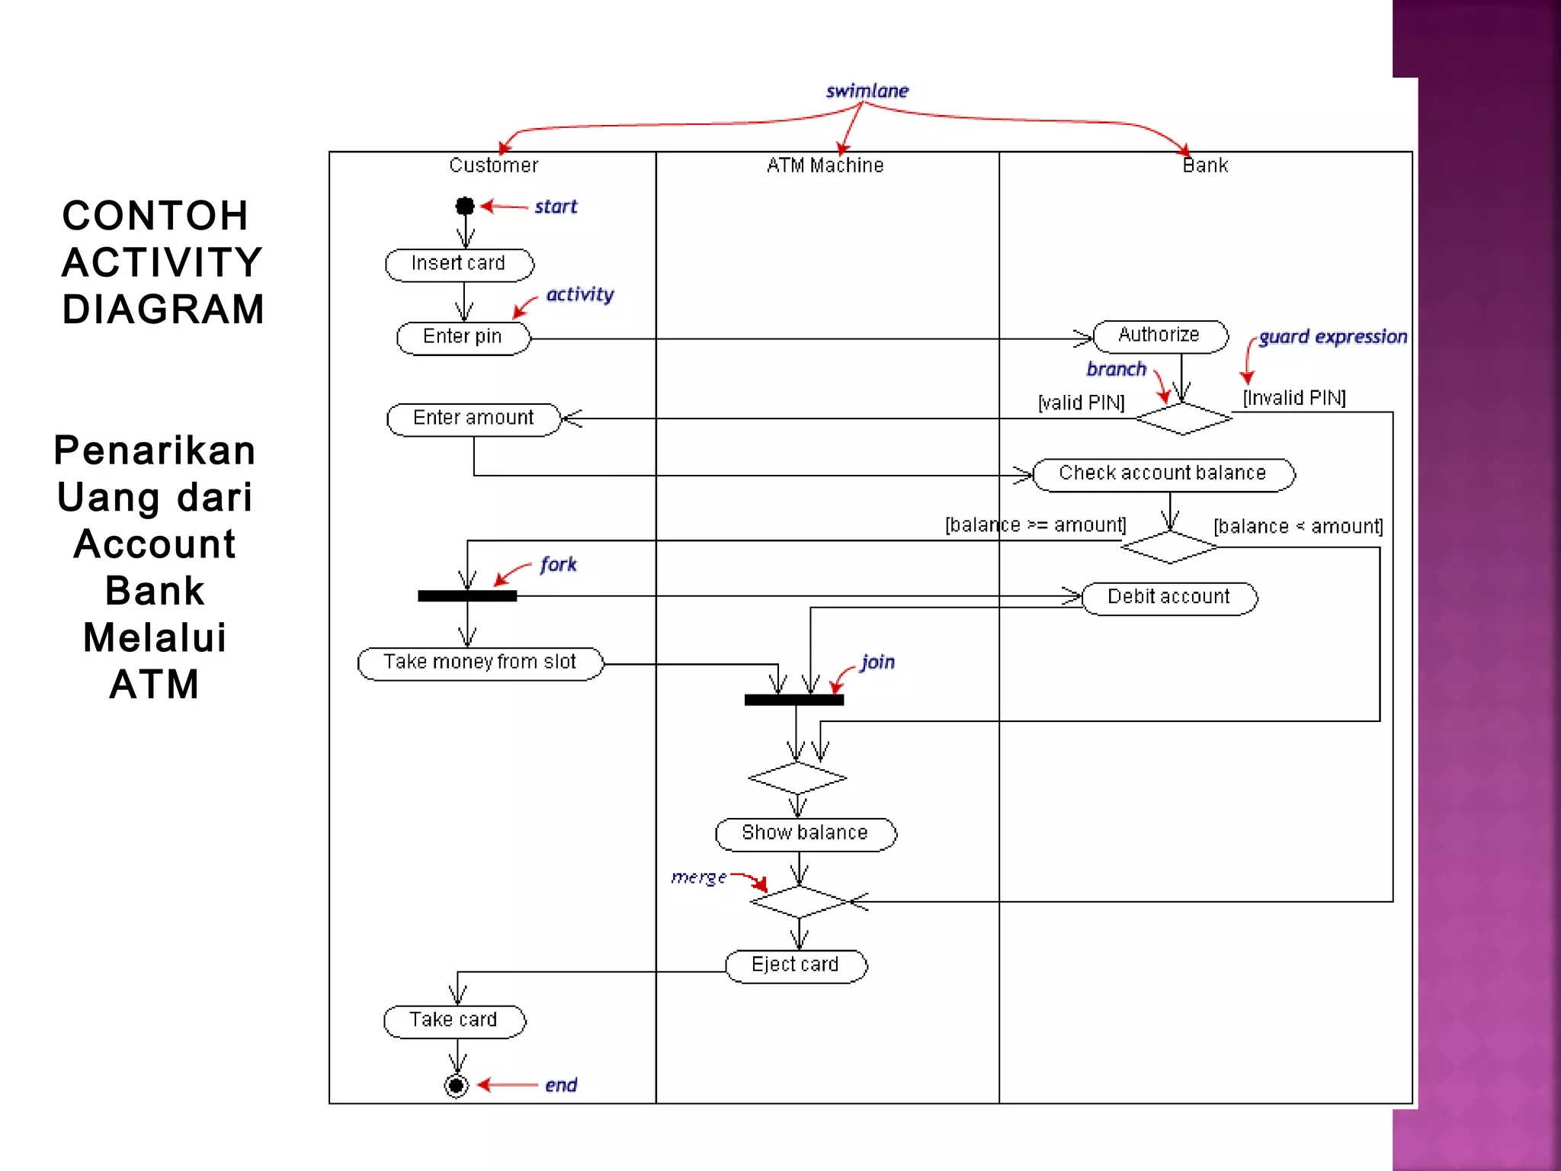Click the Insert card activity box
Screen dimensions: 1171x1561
pyautogui.click(x=459, y=265)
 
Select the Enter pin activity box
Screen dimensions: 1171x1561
pyautogui.click(x=463, y=338)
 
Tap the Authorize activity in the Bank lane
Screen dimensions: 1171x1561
pyautogui.click(x=1159, y=336)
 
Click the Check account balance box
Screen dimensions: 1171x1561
pyautogui.click(x=1162, y=474)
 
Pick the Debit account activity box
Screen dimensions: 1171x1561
pyautogui.click(x=1168, y=598)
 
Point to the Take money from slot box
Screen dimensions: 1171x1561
pyautogui.click(x=480, y=663)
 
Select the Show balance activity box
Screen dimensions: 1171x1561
pyautogui.click(x=805, y=834)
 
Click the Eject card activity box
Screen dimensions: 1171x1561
pyautogui.click(x=796, y=966)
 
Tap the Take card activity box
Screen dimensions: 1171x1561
pyautogui.click(x=454, y=1021)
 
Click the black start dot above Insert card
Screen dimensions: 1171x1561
pyautogui.click(x=465, y=206)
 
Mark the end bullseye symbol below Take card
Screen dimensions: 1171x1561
pyautogui.click(x=456, y=1085)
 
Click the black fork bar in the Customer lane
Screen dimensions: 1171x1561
pyautogui.click(x=467, y=596)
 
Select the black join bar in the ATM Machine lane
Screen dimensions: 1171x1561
pyautogui.click(x=794, y=700)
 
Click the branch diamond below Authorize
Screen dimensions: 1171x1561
pyautogui.click(x=1183, y=419)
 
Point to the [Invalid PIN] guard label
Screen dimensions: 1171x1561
pyautogui.click(x=1294, y=398)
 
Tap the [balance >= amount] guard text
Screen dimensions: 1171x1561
pyautogui.click(x=1035, y=525)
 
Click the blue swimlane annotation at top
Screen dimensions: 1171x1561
pyautogui.click(x=867, y=91)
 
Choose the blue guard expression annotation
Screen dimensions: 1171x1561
pyautogui.click(x=1332, y=337)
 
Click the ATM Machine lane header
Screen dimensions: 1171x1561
pyautogui.click(x=825, y=165)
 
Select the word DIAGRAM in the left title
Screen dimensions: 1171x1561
pyautogui.click(x=163, y=310)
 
